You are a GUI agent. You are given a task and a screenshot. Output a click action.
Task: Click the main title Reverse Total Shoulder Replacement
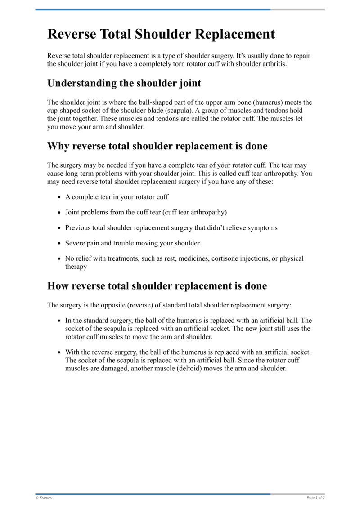point(161,35)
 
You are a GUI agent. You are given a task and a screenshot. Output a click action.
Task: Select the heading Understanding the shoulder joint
point(124,83)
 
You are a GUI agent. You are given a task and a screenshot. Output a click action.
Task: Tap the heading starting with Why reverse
point(157,146)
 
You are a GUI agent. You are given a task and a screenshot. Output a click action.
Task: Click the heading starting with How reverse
point(157,286)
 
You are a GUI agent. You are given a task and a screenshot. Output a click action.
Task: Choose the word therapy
point(76,267)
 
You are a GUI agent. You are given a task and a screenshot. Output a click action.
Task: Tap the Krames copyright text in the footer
point(44,498)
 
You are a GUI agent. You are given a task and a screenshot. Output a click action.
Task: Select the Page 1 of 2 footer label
point(315,498)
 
